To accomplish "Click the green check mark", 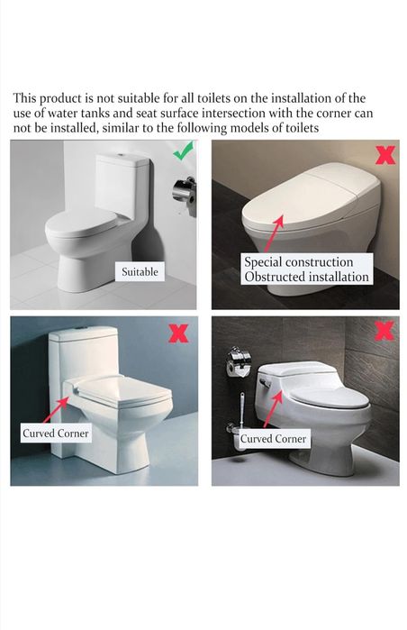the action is pyautogui.click(x=183, y=151).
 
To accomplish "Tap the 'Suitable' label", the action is pyautogui.click(x=140, y=272).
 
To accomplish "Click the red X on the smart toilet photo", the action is pyautogui.click(x=385, y=155).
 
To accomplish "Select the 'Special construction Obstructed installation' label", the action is pyautogui.click(x=307, y=269).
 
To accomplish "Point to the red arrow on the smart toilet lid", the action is pyautogui.click(x=274, y=233).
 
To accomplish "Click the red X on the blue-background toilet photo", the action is pyautogui.click(x=178, y=333).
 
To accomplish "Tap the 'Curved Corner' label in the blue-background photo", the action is pyautogui.click(x=56, y=434).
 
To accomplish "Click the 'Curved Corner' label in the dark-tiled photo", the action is pyautogui.click(x=273, y=439).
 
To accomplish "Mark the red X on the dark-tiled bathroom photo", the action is pyautogui.click(x=384, y=331).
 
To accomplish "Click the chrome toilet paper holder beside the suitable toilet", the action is pyautogui.click(x=185, y=194).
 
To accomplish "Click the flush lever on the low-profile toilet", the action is pyautogui.click(x=265, y=382).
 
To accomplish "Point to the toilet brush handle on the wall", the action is pyautogui.click(x=241, y=410).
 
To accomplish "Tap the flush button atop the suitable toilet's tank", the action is pyautogui.click(x=120, y=155).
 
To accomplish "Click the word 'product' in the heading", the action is pyautogui.click(x=60, y=98).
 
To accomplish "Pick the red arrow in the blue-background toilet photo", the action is pyautogui.click(x=57, y=409).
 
